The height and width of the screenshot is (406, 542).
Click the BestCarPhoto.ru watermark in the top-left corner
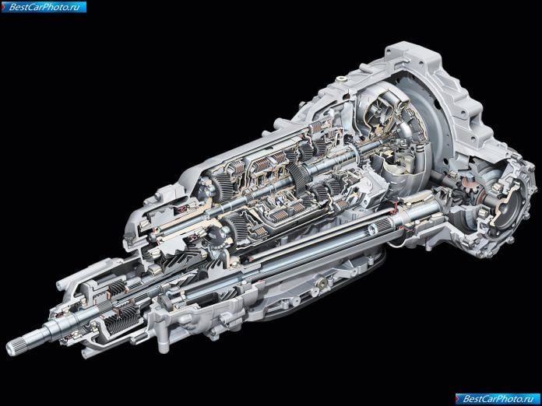pos(44,7)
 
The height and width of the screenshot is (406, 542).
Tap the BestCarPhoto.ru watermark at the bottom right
pos(498,399)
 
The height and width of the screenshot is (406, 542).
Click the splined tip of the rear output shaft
pos(16,345)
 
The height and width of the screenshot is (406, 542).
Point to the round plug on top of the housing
pos(342,79)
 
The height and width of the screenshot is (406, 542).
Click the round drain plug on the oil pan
pos(323,282)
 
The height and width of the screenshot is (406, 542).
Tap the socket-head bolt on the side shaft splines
pos(372,228)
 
